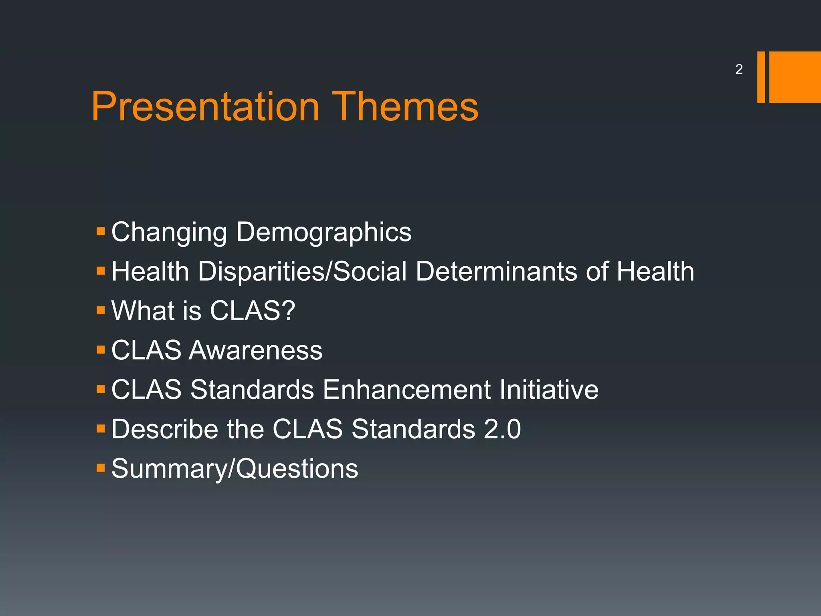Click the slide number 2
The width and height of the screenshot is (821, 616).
739,69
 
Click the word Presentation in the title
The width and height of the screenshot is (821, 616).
205,106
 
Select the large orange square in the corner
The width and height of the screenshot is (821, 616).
795,77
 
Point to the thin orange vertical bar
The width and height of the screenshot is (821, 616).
761,77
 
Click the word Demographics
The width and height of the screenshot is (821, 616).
324,233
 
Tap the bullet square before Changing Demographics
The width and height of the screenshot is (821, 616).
101,231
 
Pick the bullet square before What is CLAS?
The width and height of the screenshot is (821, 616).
101,310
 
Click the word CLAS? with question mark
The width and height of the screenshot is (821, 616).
253,310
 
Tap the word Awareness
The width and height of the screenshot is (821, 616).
255,350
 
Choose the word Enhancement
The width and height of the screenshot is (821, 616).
406,389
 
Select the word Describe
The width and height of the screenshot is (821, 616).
165,429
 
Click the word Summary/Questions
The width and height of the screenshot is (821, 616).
235,469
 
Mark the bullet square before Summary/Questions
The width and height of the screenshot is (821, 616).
101,468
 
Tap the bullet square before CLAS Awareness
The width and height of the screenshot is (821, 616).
101,350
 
